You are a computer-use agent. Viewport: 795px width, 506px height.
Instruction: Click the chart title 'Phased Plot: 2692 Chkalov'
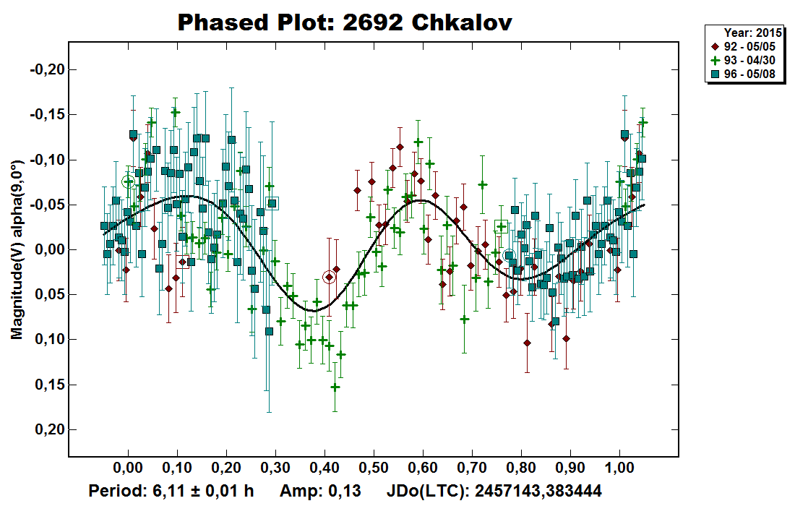pyautogui.click(x=345, y=22)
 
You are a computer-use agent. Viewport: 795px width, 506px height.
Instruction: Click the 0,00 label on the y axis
pyautogui.click(x=49, y=250)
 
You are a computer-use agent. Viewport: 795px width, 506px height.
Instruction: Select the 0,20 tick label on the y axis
pyautogui.click(x=49, y=430)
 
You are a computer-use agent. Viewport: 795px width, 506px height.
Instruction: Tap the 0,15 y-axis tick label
pyautogui.click(x=49, y=385)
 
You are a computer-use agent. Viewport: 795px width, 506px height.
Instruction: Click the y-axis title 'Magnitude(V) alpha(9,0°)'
pyautogui.click(x=15, y=250)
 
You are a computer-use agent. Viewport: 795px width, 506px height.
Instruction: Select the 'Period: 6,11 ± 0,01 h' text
pyautogui.click(x=171, y=492)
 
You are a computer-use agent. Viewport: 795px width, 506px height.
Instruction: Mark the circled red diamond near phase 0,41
pyautogui.click(x=329, y=277)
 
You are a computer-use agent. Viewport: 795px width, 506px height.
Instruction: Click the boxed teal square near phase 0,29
pyautogui.click(x=272, y=203)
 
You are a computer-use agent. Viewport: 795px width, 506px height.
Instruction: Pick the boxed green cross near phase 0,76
pyautogui.click(x=502, y=228)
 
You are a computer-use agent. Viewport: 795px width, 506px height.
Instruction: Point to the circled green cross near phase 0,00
pyautogui.click(x=129, y=182)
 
